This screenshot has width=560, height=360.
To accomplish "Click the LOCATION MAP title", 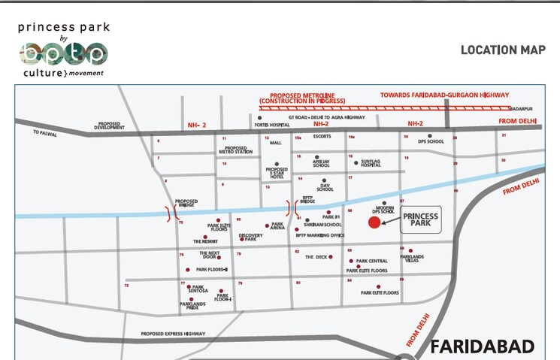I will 502,50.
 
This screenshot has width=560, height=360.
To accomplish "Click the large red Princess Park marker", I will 374,222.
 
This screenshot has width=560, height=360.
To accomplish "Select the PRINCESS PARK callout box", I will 420,220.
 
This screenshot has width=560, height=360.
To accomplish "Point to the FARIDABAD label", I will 482,347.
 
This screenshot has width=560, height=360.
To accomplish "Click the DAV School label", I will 325,187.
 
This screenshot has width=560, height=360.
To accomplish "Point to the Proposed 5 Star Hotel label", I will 277,173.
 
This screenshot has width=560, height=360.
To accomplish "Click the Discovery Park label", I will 250,237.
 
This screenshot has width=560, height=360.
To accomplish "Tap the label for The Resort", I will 204,241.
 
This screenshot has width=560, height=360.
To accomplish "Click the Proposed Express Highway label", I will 173,334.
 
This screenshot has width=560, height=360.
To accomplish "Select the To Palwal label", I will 44,133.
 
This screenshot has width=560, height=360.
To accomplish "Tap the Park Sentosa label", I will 198,288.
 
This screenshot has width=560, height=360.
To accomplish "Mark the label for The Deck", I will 316,257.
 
